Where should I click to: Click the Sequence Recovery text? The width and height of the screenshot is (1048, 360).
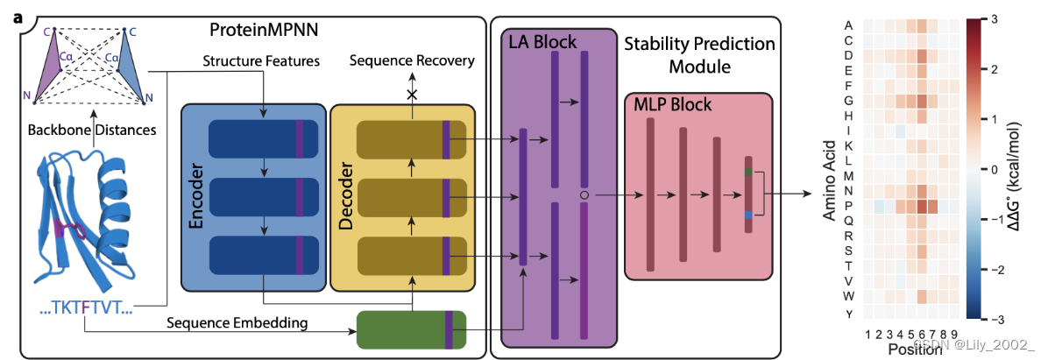point(412,60)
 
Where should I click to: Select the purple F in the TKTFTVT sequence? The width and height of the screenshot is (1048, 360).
point(85,307)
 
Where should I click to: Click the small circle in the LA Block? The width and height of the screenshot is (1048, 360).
point(584,194)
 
